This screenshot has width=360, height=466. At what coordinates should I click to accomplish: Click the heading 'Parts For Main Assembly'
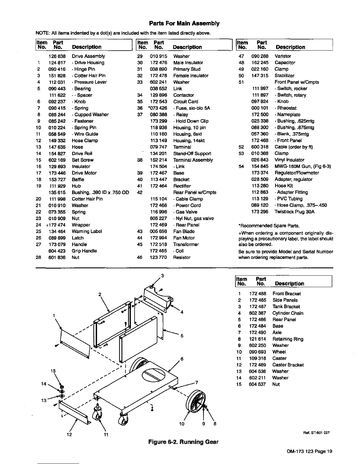pos(184,23)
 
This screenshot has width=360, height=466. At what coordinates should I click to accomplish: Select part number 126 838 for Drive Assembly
pos(57,56)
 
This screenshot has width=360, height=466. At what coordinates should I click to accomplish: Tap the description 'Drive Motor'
pos(84,173)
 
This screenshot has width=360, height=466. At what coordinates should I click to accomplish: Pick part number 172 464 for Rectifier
pos(159,186)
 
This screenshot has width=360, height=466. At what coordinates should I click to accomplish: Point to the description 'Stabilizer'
pos(284,76)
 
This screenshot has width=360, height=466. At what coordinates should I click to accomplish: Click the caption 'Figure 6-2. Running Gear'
pos(184,442)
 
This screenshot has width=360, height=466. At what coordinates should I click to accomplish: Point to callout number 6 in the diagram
pos(182,359)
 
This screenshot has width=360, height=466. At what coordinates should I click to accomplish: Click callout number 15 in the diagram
pos(53,371)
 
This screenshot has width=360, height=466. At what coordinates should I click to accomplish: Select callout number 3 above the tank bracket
pos(162,276)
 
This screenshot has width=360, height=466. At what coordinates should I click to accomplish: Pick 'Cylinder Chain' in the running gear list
pos(288,313)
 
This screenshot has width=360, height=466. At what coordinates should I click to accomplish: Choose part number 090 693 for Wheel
pos(257,352)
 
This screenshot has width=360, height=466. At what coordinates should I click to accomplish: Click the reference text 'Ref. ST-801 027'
pos(320,433)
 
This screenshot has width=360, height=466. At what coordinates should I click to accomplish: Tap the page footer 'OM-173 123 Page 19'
pos(309,451)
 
